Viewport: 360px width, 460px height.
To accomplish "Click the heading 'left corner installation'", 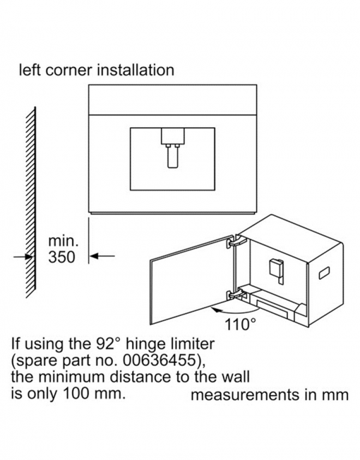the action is tap(97, 70).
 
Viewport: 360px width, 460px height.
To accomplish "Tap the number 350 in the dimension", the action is tap(61, 257).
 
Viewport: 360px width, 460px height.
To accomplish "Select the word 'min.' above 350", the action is tap(64, 241).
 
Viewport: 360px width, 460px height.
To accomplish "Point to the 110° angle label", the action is tap(240, 324).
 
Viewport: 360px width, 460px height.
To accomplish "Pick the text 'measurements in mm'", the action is tap(270, 395).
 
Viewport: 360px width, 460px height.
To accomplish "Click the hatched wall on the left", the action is tap(31, 202).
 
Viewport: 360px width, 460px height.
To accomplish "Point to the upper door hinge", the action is tap(236, 240).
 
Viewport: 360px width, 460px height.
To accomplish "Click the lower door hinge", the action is tap(235, 294).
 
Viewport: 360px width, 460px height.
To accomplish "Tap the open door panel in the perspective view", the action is tap(193, 280).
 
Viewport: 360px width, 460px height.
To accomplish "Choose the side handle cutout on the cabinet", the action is tap(324, 273).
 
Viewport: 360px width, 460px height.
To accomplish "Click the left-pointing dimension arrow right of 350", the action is tap(102, 256).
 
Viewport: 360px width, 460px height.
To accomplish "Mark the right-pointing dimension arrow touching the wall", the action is tap(23, 257).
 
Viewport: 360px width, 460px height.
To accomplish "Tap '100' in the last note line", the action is tap(76, 394).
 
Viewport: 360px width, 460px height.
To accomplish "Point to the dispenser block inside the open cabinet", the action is tap(277, 269).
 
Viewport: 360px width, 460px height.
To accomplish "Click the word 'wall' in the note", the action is tap(236, 377).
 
